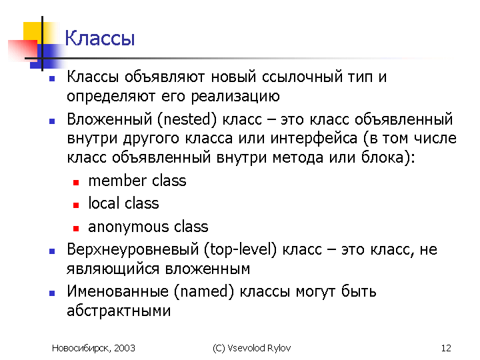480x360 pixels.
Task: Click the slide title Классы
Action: tap(100, 39)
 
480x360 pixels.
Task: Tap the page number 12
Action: tap(446, 348)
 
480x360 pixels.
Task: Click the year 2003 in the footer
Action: tap(124, 348)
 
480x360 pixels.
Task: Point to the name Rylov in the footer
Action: tap(279, 349)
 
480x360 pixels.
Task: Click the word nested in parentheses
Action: tap(187, 119)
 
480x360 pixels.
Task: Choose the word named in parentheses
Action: tap(204, 291)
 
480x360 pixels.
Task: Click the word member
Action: tap(117, 181)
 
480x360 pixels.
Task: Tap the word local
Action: tap(104, 203)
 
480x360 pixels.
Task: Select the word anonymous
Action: tap(128, 227)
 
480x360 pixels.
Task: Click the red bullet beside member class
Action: tap(76, 183)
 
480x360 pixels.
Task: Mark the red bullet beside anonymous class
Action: tap(76, 229)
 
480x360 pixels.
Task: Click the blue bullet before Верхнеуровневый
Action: tap(52, 251)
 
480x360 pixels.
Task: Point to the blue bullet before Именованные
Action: tap(52, 293)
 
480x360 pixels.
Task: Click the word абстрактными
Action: tap(119, 311)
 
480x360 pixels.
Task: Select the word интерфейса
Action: tap(314, 139)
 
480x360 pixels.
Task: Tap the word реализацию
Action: tap(235, 97)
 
